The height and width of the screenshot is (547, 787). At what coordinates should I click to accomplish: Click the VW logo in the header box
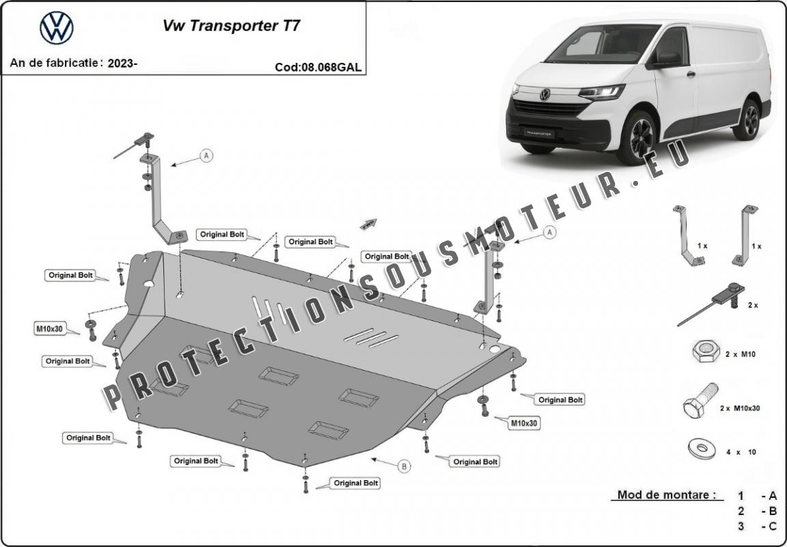click(56, 28)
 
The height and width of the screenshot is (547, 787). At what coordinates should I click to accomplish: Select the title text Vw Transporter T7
click(230, 26)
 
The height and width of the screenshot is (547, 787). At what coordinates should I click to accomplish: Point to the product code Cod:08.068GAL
click(318, 67)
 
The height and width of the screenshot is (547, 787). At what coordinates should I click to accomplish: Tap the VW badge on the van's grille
click(544, 94)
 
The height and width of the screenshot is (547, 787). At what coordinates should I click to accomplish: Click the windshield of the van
click(601, 42)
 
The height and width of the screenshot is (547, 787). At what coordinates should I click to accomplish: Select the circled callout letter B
click(404, 466)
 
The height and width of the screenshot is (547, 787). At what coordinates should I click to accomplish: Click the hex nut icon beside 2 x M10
click(705, 352)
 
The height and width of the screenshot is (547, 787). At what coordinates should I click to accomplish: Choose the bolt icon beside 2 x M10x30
click(700, 402)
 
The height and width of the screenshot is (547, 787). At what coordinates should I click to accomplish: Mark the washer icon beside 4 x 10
click(702, 449)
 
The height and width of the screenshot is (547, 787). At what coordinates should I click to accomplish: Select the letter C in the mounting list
click(773, 526)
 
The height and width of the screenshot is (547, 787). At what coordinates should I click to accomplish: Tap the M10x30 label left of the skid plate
click(49, 328)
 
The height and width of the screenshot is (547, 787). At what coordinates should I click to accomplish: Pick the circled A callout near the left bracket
click(206, 156)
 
